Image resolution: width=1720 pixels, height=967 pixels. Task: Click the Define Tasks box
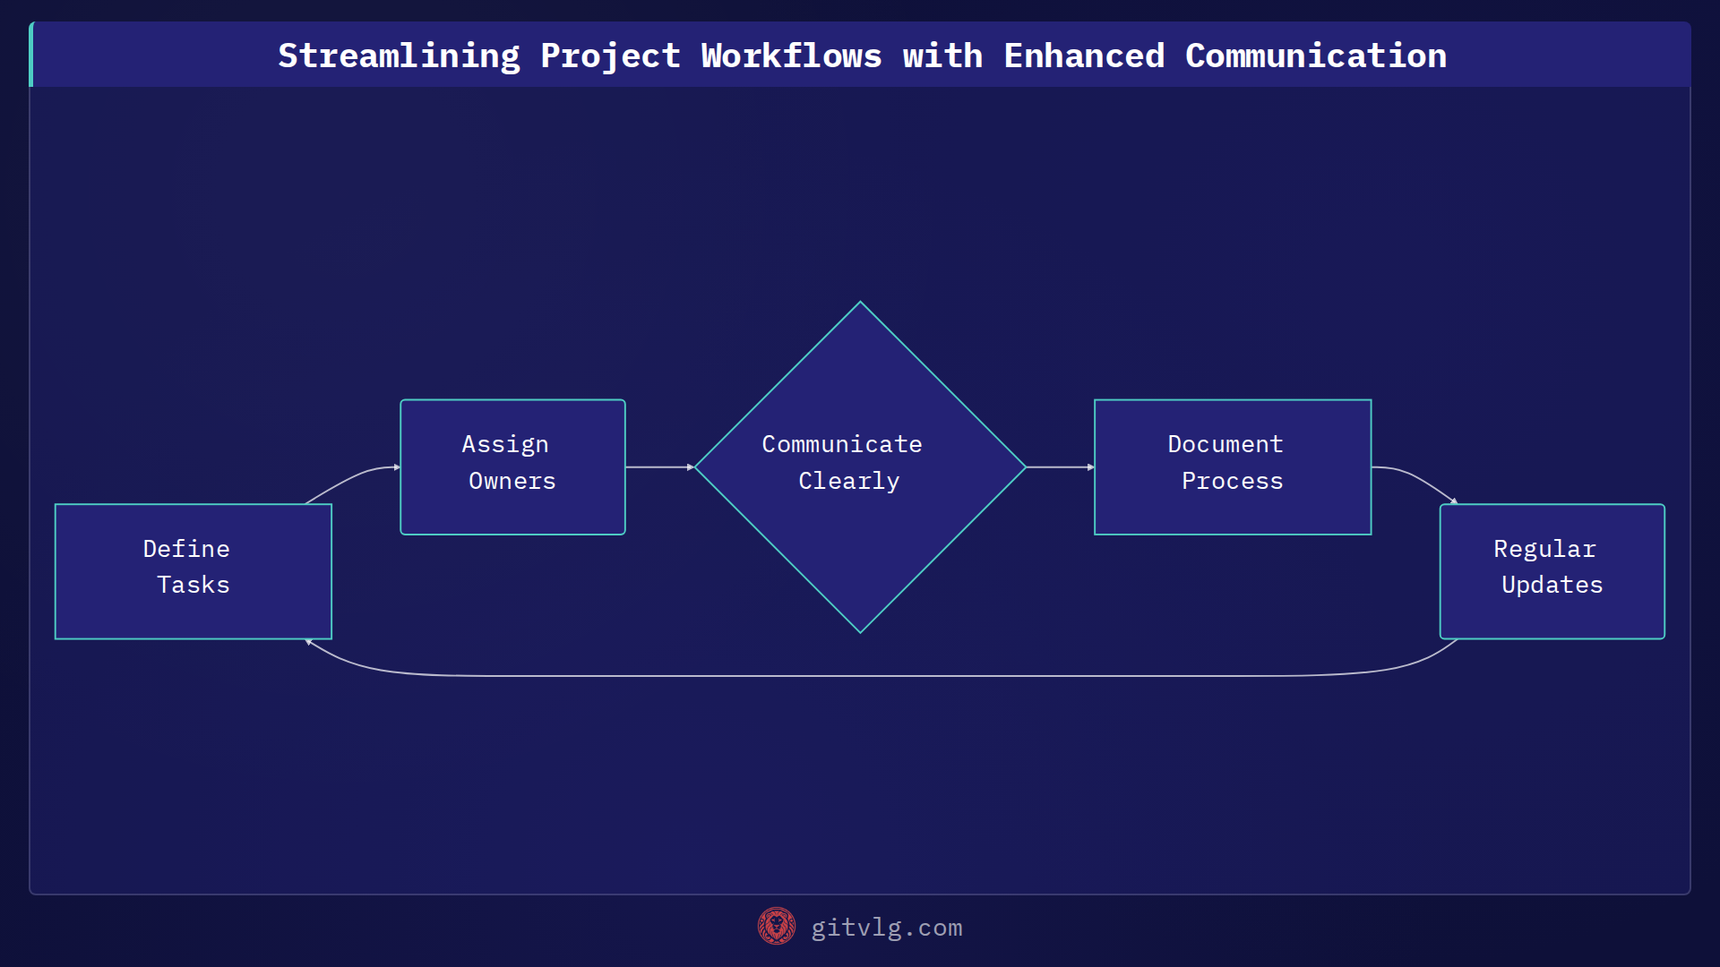tap(193, 571)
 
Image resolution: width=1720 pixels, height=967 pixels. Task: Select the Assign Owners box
tap(512, 466)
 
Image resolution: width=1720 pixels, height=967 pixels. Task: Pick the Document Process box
tap(1233, 466)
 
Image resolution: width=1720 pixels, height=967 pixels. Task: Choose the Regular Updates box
tap(1552, 571)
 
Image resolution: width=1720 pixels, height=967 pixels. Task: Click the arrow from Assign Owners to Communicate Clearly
tap(659, 467)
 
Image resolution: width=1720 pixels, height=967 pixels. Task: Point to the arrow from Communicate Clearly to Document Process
tap(1059, 467)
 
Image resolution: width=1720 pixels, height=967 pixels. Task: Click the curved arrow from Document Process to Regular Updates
tap(1415, 476)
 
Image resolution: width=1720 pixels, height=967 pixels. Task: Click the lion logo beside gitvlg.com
tap(777, 927)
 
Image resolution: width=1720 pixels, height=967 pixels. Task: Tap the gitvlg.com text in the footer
tap(886, 928)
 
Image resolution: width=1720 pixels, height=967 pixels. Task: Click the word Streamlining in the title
tap(399, 56)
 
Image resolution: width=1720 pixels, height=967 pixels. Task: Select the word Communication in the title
tap(1315, 56)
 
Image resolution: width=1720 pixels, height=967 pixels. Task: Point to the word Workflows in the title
tap(791, 56)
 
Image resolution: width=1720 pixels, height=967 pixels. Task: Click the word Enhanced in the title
tap(1084, 56)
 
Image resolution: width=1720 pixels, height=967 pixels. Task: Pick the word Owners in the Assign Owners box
tap(512, 482)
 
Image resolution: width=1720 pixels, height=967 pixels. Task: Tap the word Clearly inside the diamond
tap(848, 482)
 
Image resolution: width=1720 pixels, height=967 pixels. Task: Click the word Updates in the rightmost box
tap(1552, 586)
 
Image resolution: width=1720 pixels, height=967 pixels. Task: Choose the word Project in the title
tap(610, 56)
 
